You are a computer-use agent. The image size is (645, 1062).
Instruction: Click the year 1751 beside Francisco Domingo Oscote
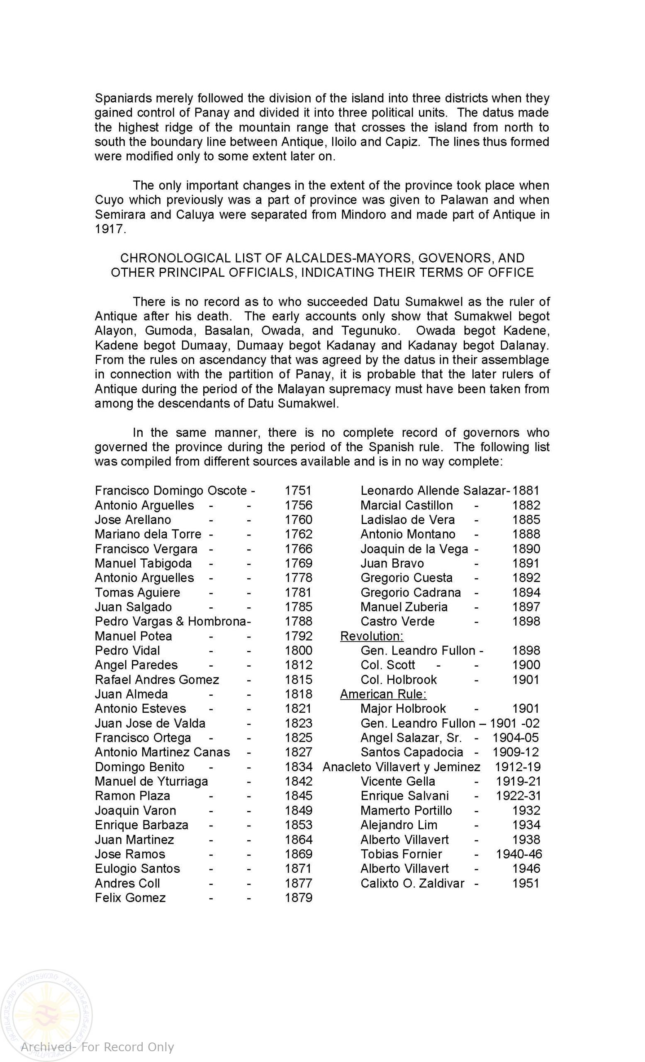pyautogui.click(x=298, y=490)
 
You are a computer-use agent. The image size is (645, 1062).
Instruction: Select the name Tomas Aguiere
pyautogui.click(x=137, y=592)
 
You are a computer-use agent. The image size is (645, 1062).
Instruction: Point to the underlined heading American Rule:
pyautogui.click(x=383, y=694)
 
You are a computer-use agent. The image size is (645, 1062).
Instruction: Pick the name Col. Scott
pyautogui.click(x=387, y=665)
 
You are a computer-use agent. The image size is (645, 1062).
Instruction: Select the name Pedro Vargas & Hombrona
pyautogui.click(x=170, y=621)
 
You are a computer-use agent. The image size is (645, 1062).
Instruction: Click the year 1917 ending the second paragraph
pyautogui.click(x=110, y=229)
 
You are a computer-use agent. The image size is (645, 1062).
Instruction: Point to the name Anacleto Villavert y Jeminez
pyautogui.click(x=401, y=767)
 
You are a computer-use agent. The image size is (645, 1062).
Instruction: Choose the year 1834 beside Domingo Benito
pyautogui.click(x=298, y=767)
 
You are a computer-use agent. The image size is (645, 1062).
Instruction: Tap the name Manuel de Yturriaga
pyautogui.click(x=151, y=781)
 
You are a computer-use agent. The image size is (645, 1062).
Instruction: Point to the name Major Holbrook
pyautogui.click(x=403, y=709)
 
